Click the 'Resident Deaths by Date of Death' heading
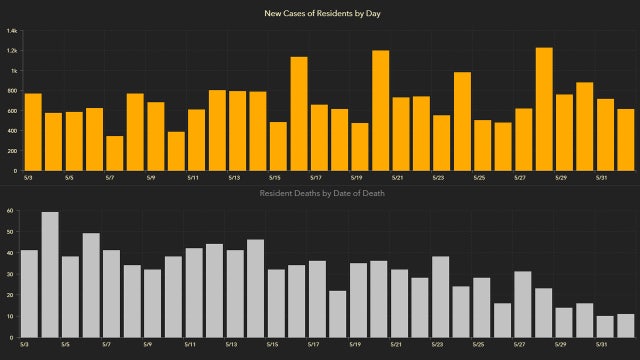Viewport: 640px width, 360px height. [x=320, y=192]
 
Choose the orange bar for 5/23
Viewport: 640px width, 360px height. [x=442, y=134]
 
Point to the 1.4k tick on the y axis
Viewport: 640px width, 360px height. [x=12, y=31]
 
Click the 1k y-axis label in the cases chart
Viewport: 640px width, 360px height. [x=14, y=71]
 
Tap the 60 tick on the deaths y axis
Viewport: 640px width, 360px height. [x=8, y=211]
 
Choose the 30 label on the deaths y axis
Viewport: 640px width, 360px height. [x=8, y=274]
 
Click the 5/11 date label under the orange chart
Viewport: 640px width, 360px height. [x=193, y=178]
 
